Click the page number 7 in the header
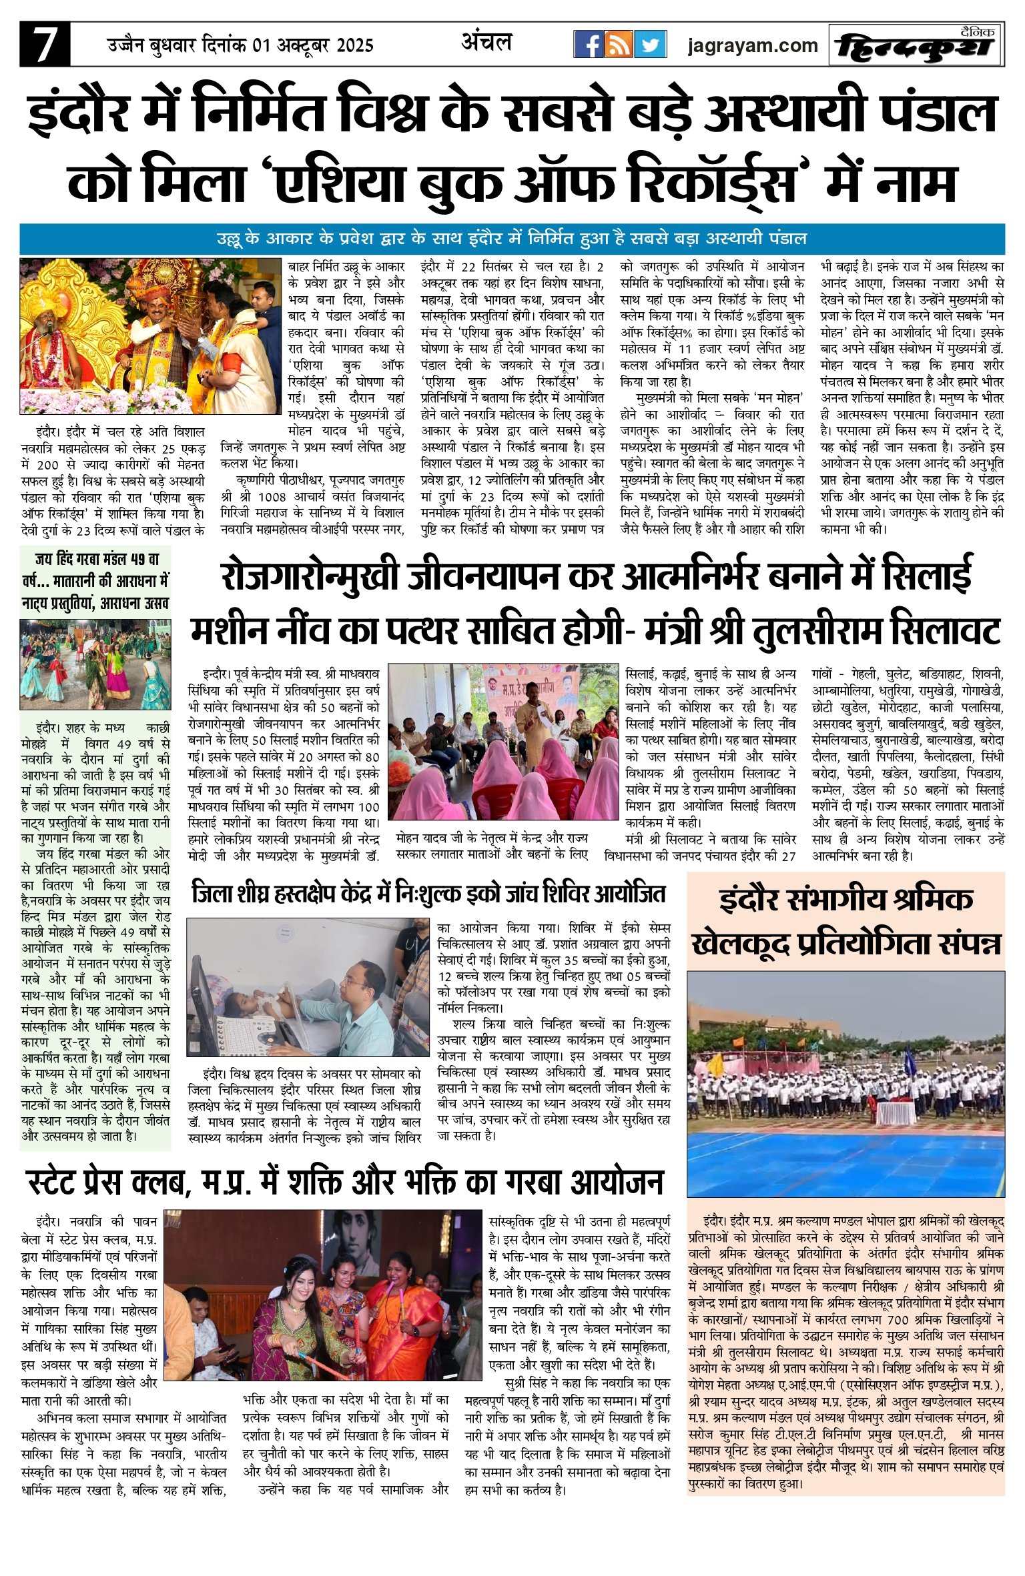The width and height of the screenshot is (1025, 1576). click(44, 45)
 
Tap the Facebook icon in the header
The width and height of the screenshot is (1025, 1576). click(589, 45)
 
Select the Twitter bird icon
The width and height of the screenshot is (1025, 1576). click(650, 45)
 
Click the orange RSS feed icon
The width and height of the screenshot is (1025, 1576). click(619, 45)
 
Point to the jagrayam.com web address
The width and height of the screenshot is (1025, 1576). click(753, 45)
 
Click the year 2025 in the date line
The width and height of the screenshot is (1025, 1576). click(346, 45)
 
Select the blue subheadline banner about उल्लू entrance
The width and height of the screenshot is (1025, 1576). click(512, 238)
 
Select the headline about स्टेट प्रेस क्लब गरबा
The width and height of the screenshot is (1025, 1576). click(346, 1181)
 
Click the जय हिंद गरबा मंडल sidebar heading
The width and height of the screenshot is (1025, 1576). click(95, 581)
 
